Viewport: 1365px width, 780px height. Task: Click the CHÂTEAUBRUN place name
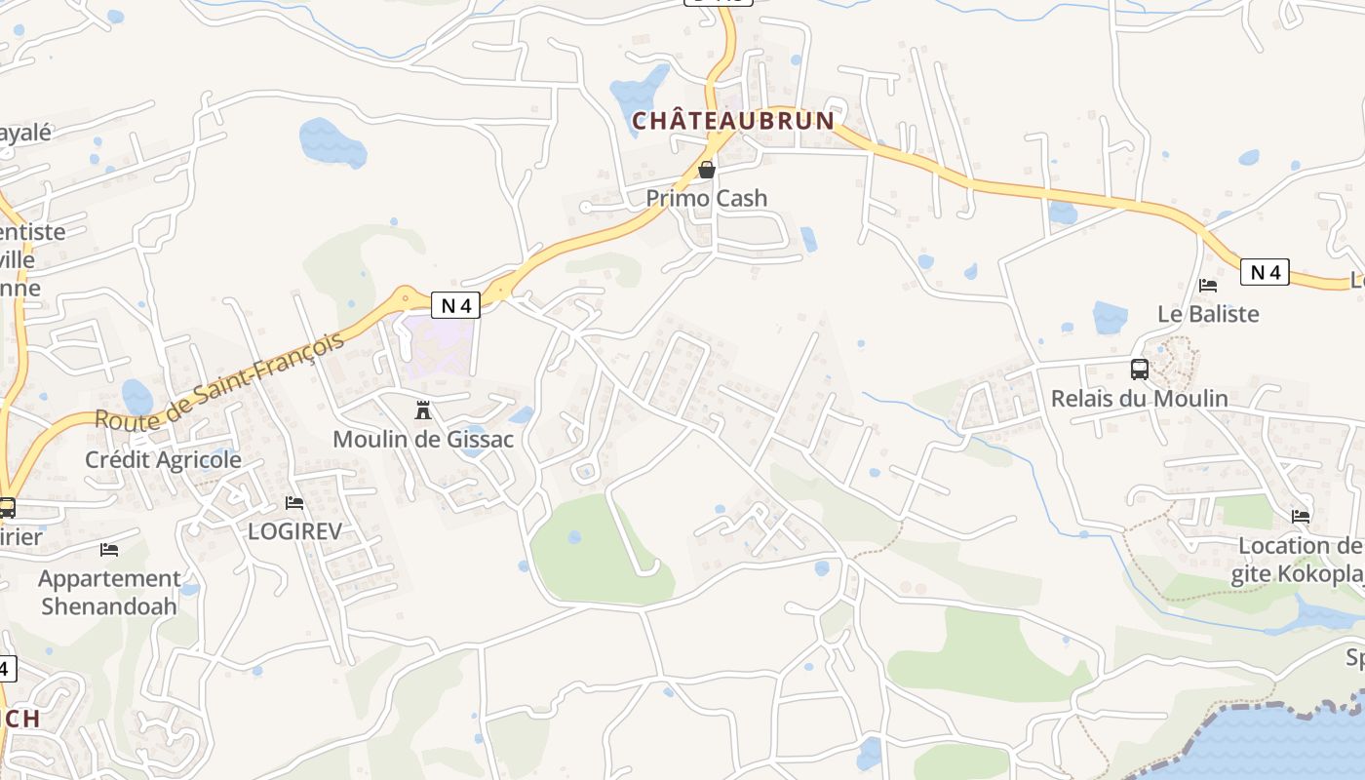coord(733,121)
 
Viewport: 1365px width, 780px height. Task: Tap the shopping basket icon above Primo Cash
coord(707,170)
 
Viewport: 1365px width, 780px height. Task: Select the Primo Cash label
coord(707,198)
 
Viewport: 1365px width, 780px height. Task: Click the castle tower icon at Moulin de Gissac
coord(423,409)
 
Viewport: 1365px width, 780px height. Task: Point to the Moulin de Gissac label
coord(423,439)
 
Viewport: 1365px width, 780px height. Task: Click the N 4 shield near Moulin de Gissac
coord(456,305)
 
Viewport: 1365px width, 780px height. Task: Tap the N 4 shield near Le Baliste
coord(1265,272)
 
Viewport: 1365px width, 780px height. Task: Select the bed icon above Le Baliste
coord(1208,286)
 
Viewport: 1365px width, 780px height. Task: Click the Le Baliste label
coord(1208,314)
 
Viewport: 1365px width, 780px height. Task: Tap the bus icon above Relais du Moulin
coord(1139,370)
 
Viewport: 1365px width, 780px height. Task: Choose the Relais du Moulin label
coord(1139,398)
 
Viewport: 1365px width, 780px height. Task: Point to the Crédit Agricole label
coord(163,459)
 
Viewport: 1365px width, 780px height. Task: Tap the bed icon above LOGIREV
coord(294,503)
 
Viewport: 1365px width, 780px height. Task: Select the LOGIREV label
coord(294,530)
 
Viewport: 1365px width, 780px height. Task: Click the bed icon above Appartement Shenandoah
coord(109,550)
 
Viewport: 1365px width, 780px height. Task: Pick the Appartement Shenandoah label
coord(109,592)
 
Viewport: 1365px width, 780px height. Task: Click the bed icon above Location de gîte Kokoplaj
coord(1301,516)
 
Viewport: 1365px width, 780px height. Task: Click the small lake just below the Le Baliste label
coord(1110,318)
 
